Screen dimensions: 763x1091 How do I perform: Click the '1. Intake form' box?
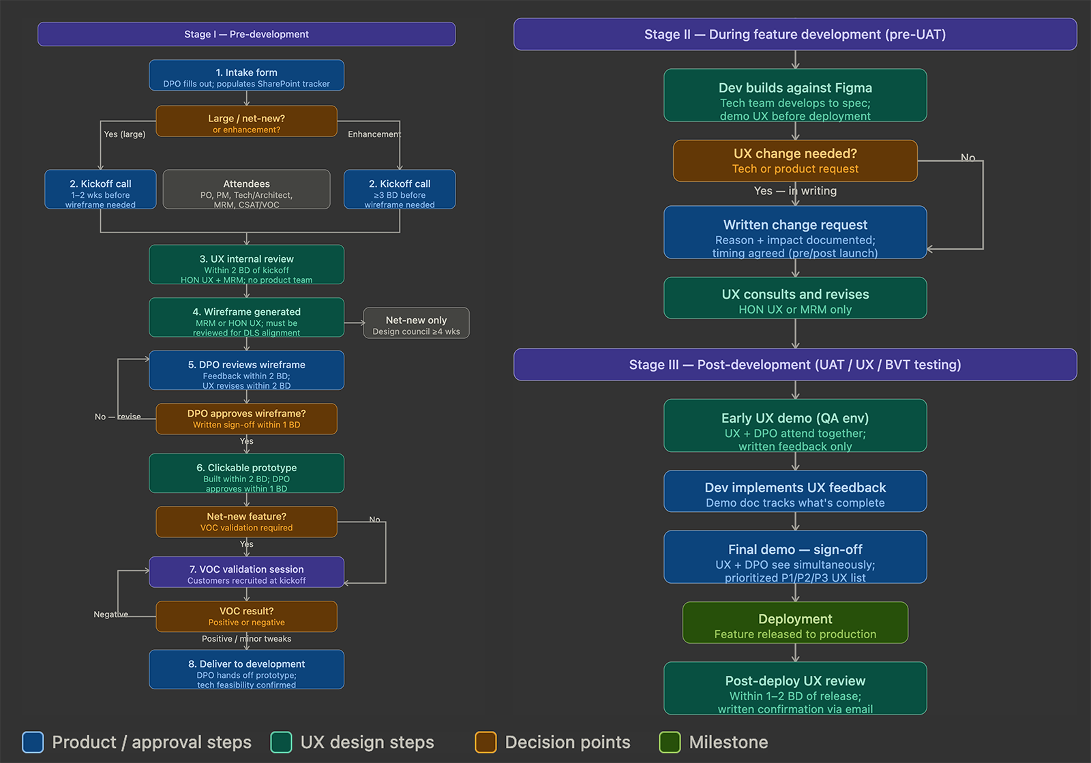pos(246,75)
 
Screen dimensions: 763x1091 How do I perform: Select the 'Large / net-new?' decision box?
pos(246,121)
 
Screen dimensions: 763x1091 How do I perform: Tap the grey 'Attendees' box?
pos(246,190)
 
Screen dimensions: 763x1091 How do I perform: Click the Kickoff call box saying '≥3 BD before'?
pos(400,190)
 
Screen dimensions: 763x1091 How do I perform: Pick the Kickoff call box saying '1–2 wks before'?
pos(100,190)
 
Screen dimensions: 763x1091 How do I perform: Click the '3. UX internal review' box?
pos(246,265)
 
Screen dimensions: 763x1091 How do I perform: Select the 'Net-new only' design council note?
pos(416,323)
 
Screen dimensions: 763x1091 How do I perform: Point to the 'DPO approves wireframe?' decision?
pos(246,419)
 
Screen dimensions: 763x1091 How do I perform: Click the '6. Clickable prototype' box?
pos(246,473)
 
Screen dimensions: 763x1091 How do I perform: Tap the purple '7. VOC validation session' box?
pos(246,572)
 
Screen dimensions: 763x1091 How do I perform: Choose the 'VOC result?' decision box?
pos(246,616)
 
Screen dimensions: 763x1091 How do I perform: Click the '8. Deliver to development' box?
pos(246,670)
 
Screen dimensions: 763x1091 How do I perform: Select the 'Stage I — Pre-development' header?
pos(246,34)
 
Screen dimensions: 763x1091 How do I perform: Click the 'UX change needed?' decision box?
pos(795,161)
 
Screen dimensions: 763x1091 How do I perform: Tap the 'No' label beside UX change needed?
pos(968,158)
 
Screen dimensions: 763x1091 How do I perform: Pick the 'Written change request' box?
pos(795,233)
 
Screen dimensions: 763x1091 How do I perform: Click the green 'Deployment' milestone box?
pos(795,623)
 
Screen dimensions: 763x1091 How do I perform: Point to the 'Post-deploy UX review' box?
pos(795,689)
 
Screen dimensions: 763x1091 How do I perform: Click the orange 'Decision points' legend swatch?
pos(485,742)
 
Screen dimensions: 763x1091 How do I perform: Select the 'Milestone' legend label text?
pos(728,742)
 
